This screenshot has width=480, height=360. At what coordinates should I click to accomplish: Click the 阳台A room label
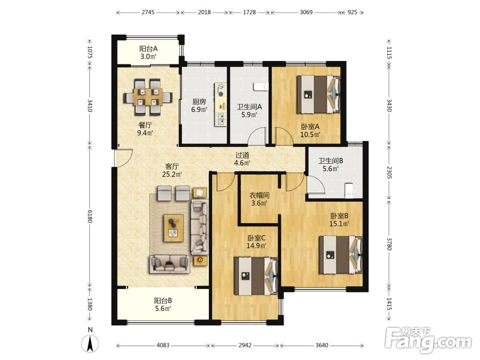pyautogui.click(x=148, y=48)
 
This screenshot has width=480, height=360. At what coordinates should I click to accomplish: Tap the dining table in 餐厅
pyautogui.click(x=148, y=97)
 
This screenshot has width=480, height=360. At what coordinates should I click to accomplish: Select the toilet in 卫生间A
pyautogui.click(x=261, y=86)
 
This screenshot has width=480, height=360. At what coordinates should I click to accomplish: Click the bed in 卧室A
pyautogui.click(x=318, y=94)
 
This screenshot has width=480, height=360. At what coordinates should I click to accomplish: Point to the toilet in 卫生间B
pyautogui.click(x=348, y=191)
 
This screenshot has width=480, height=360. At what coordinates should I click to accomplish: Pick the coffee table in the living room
pyautogui.click(x=174, y=228)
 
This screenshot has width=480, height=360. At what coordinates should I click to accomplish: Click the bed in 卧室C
pyautogui.click(x=256, y=276)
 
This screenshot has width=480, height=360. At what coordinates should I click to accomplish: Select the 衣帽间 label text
pyautogui.click(x=259, y=195)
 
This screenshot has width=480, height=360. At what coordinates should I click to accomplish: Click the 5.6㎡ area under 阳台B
pyautogui.click(x=163, y=309)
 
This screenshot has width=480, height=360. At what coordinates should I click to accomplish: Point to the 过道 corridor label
pyautogui.click(x=242, y=155)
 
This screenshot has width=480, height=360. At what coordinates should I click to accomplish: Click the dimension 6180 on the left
pyautogui.click(x=89, y=216)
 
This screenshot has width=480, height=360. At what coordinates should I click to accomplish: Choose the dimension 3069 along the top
pyautogui.click(x=306, y=12)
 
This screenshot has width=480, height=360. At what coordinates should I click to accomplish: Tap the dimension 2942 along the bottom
pyautogui.click(x=245, y=345)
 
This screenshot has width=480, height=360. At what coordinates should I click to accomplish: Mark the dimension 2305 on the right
pyautogui.click(x=389, y=172)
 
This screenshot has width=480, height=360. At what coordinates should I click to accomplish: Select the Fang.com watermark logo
pyautogui.click(x=428, y=340)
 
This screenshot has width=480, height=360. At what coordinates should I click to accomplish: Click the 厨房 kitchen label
pyautogui.click(x=199, y=102)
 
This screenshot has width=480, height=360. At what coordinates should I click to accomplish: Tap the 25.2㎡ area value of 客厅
pyautogui.click(x=172, y=175)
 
